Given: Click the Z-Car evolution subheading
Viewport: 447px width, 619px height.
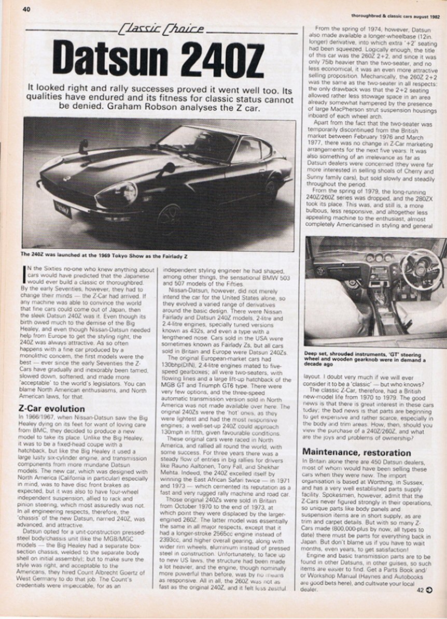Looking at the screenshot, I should point(51,409).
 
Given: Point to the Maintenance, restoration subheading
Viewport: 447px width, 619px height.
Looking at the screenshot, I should point(357,452).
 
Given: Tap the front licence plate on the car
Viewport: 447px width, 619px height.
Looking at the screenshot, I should point(63,210).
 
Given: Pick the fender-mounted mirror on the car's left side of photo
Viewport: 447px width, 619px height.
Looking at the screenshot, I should point(83,146).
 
